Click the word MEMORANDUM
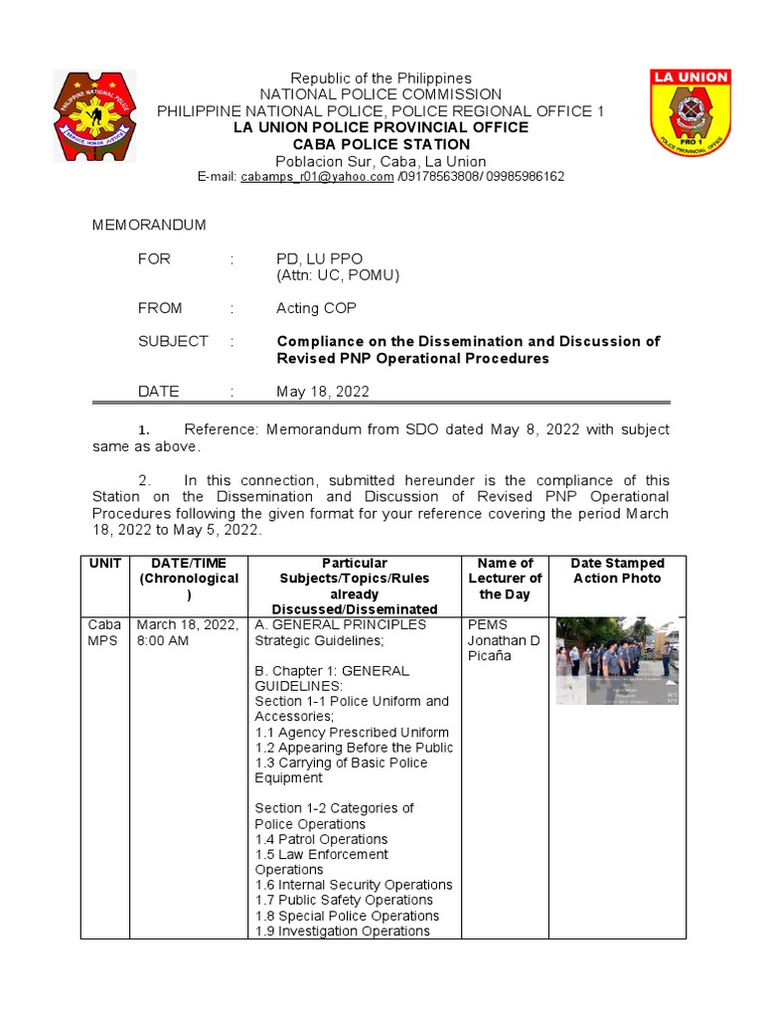coord(149,226)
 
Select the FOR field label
coord(154,259)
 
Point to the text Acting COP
coord(316,309)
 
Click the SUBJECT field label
coord(173,341)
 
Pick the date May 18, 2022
coord(322,392)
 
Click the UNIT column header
coord(104,564)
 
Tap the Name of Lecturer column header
coord(505,579)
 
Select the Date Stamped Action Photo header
coord(617,571)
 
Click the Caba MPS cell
coord(104,632)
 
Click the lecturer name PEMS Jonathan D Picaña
coord(503,640)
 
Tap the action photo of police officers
coord(617,660)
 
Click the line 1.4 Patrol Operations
coord(321,840)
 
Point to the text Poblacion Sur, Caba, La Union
coord(381,161)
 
